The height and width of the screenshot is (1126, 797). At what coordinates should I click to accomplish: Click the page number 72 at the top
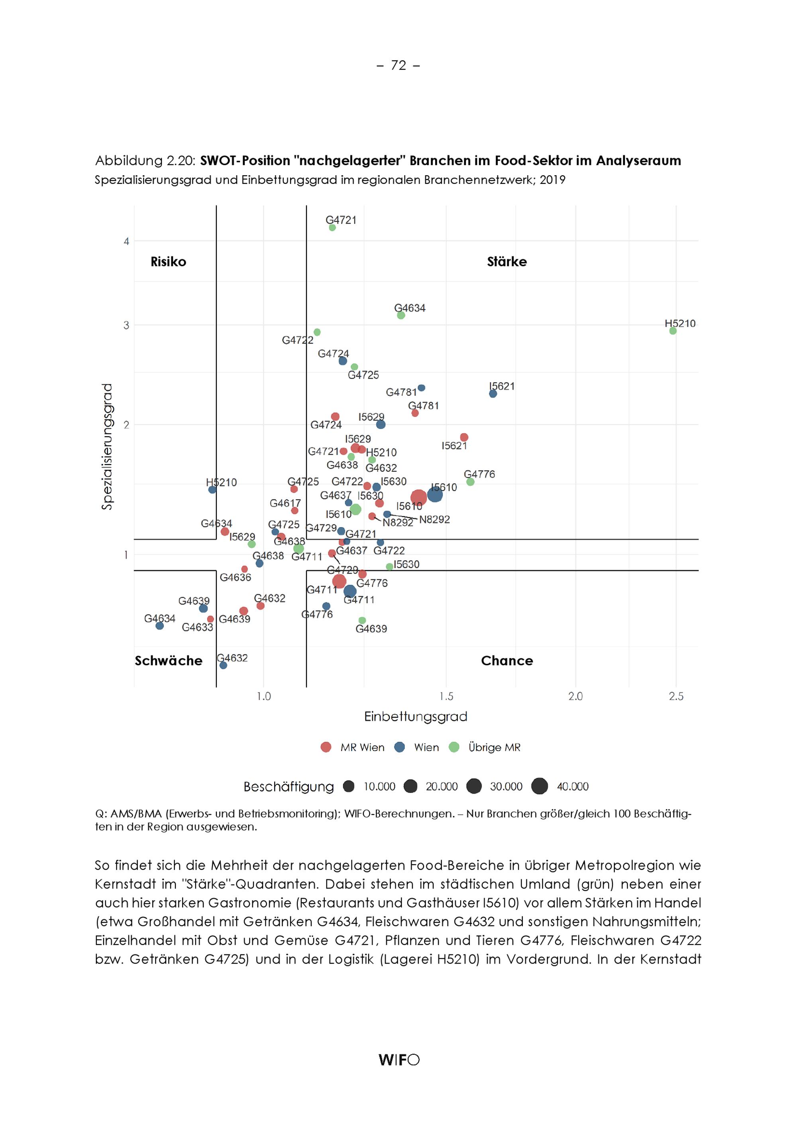click(398, 65)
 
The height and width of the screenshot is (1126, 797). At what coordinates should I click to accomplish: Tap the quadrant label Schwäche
click(168, 661)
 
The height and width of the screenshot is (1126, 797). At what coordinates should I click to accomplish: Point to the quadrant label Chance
click(507, 661)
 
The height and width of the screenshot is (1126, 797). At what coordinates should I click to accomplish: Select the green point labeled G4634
click(401, 315)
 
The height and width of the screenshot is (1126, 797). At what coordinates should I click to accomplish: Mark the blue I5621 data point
click(493, 393)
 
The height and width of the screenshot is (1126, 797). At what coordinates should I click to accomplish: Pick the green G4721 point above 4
click(332, 228)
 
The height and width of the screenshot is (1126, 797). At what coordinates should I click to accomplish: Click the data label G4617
click(285, 503)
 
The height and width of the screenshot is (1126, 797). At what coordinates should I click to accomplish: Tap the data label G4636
click(236, 577)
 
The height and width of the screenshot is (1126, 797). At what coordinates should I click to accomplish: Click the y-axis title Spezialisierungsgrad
click(107, 447)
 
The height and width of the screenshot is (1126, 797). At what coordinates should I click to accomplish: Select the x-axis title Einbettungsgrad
click(416, 717)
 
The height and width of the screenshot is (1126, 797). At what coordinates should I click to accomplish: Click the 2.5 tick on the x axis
click(676, 696)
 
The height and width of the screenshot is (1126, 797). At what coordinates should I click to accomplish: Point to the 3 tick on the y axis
click(126, 325)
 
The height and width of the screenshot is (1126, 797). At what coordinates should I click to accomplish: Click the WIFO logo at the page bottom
click(399, 1060)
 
